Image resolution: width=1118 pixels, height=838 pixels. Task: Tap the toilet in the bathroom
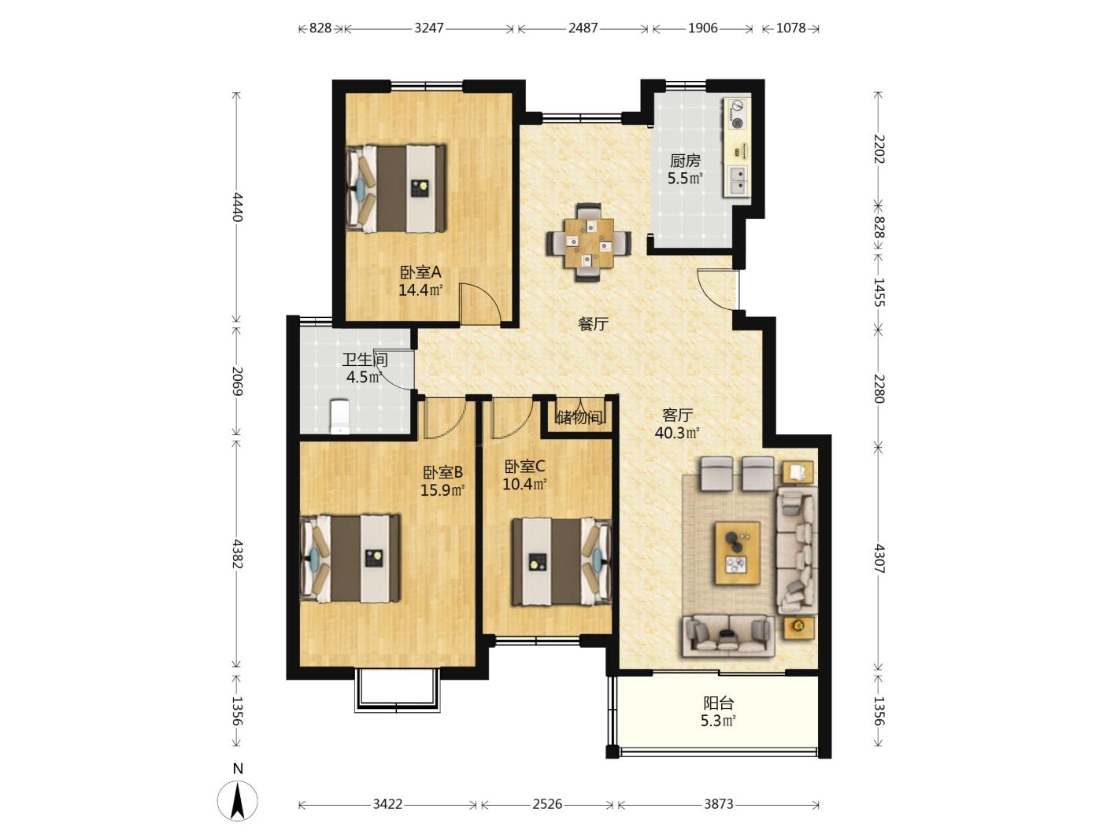pyautogui.click(x=339, y=416)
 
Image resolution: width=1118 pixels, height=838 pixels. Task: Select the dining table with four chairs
pyautogui.click(x=588, y=242)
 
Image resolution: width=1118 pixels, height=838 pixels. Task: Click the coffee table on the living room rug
pyautogui.click(x=738, y=552)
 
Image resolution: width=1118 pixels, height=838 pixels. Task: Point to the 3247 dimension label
pyautogui.click(x=428, y=28)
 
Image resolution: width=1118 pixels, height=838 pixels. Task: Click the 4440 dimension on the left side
pyautogui.click(x=237, y=207)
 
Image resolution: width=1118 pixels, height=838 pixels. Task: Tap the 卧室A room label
pyautogui.click(x=420, y=272)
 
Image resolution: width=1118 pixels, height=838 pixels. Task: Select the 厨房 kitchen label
pyautogui.click(x=685, y=161)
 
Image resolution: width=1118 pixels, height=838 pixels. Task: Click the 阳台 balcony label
pyautogui.click(x=718, y=703)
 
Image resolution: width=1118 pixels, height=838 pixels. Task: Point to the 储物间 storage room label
pyautogui.click(x=579, y=417)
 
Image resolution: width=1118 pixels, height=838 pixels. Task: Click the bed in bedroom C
pyautogui.click(x=561, y=562)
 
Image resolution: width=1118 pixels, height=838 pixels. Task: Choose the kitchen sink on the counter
pyautogui.click(x=737, y=180)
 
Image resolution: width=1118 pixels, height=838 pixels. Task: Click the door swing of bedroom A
pyautogui.click(x=479, y=304)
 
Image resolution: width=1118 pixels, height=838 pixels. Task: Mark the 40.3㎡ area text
pyautogui.click(x=677, y=433)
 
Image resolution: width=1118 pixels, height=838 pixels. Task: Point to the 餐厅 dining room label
pyautogui.click(x=594, y=323)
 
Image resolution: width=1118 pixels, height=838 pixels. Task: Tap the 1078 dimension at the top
pyautogui.click(x=790, y=28)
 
